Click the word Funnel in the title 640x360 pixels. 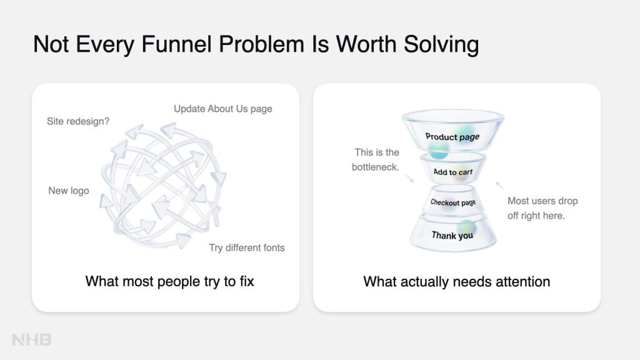(176, 44)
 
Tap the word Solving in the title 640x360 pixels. (441, 44)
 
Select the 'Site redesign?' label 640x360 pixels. (78, 121)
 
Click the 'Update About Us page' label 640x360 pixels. (223, 109)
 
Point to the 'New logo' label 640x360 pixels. (69, 191)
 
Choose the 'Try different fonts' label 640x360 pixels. (247, 247)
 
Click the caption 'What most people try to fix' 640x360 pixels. (169, 281)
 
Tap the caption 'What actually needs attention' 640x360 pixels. (457, 282)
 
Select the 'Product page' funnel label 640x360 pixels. (452, 137)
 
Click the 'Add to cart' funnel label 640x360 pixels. (452, 172)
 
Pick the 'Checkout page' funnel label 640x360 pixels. (452, 202)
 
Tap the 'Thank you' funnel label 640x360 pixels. (452, 235)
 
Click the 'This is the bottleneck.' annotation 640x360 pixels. (376, 159)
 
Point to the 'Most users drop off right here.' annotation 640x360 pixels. (542, 208)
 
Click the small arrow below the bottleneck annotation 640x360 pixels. (410, 179)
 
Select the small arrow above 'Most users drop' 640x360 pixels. (499, 185)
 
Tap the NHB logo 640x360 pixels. (31, 339)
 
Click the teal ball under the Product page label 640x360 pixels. (439, 149)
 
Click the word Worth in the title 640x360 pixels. (366, 44)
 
